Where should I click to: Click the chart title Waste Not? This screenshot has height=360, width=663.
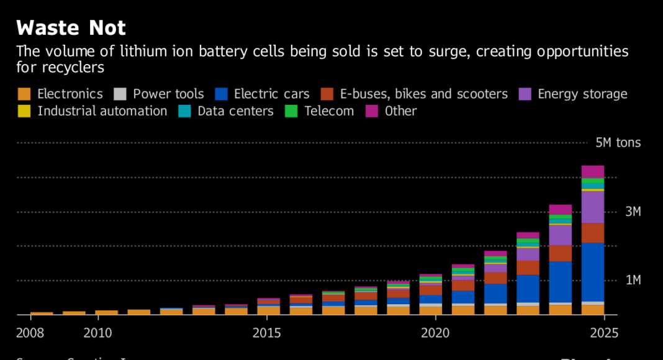click(71, 28)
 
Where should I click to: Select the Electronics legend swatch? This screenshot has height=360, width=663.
click(24, 94)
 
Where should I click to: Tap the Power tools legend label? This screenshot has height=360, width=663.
click(168, 94)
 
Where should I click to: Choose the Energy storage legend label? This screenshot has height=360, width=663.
click(582, 94)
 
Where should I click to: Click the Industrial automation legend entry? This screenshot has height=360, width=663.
click(102, 111)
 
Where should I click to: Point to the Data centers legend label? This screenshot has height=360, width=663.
click(235, 111)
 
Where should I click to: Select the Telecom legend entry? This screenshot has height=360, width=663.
click(329, 111)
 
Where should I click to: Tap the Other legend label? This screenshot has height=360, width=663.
click(400, 111)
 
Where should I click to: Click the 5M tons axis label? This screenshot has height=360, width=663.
click(618, 143)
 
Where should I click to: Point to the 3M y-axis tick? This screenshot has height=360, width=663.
click(633, 212)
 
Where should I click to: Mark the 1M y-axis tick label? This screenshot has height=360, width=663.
click(633, 281)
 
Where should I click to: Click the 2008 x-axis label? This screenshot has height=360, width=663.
click(30, 333)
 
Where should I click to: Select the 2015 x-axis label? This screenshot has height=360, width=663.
click(267, 333)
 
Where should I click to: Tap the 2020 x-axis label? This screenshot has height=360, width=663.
click(435, 333)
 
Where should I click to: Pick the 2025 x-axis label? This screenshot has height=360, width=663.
click(605, 333)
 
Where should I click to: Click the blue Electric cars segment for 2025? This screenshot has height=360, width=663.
click(593, 272)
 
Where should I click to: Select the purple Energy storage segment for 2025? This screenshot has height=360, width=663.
click(593, 207)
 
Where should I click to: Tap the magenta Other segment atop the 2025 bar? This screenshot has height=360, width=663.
click(593, 171)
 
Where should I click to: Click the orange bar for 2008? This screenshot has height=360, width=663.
click(42, 313)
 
